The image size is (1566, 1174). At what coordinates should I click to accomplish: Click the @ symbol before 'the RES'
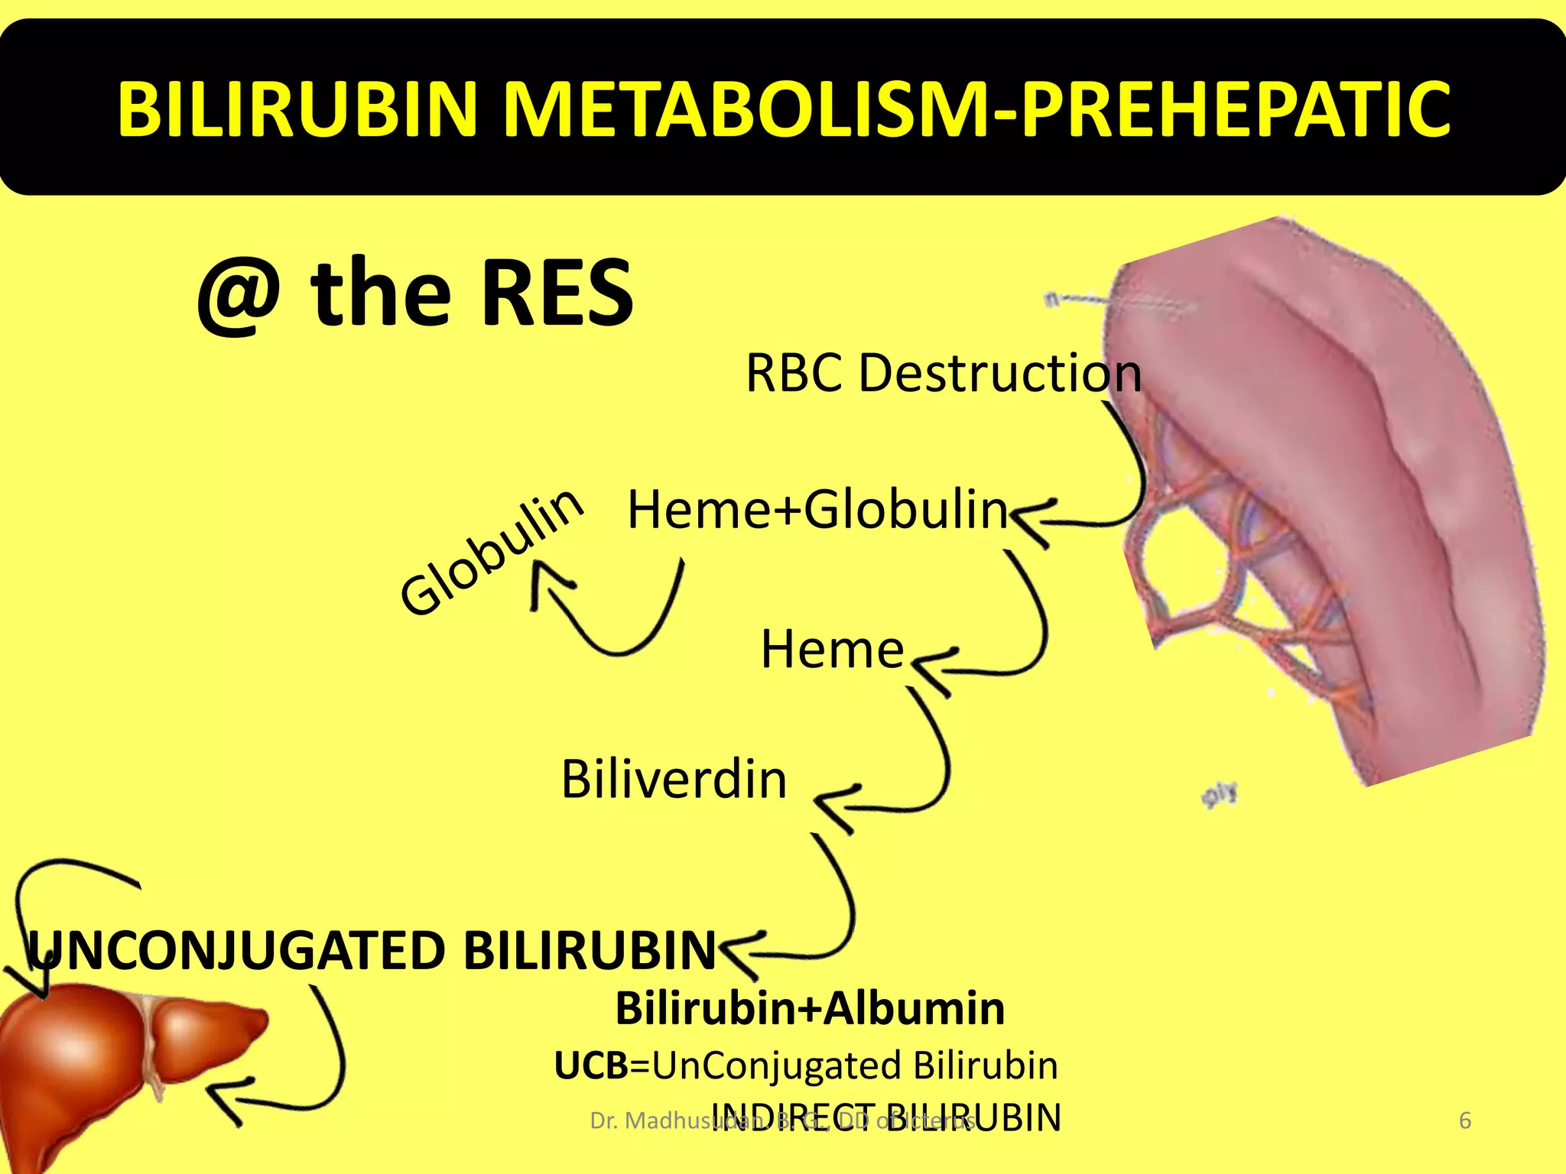pyautogui.click(x=239, y=294)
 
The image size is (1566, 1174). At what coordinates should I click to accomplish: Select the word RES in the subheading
pyautogui.click(x=557, y=293)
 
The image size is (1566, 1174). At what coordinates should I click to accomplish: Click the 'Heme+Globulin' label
pyautogui.click(x=817, y=510)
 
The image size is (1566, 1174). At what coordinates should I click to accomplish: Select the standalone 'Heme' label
pyautogui.click(x=832, y=650)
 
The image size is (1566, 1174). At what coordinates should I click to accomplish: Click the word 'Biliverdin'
pyautogui.click(x=674, y=780)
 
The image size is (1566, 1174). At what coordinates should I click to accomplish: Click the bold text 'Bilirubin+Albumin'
pyautogui.click(x=810, y=1008)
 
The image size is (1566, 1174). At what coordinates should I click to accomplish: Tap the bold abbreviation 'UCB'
pyautogui.click(x=591, y=1065)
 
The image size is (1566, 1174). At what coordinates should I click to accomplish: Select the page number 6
pyautogui.click(x=1465, y=1120)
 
